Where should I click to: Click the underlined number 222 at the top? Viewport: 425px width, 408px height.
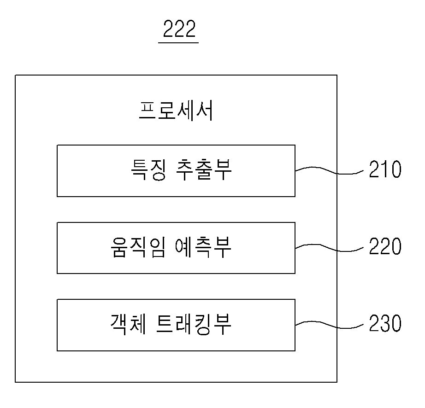tap(179, 29)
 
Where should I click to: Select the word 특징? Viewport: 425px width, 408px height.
tap(148, 170)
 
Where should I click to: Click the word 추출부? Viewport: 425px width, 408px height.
tap(204, 170)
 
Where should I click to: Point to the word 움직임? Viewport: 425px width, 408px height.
tap(138, 247)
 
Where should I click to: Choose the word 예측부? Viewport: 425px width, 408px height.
tap(203, 247)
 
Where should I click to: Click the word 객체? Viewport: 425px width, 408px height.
tap(129, 324)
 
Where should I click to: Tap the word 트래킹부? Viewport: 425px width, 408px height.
tap(194, 324)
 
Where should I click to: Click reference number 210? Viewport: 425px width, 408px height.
tap(385, 169)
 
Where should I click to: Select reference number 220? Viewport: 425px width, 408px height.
tap(385, 246)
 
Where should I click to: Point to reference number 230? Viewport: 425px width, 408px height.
tap(385, 323)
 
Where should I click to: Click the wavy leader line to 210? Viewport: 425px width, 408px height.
tap(329, 170)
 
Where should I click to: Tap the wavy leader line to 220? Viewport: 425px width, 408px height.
tap(329, 248)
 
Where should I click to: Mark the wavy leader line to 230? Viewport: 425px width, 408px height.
tap(329, 325)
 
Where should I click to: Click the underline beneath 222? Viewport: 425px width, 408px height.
tap(178, 43)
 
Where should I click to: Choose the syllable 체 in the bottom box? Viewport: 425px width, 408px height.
tap(138, 324)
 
